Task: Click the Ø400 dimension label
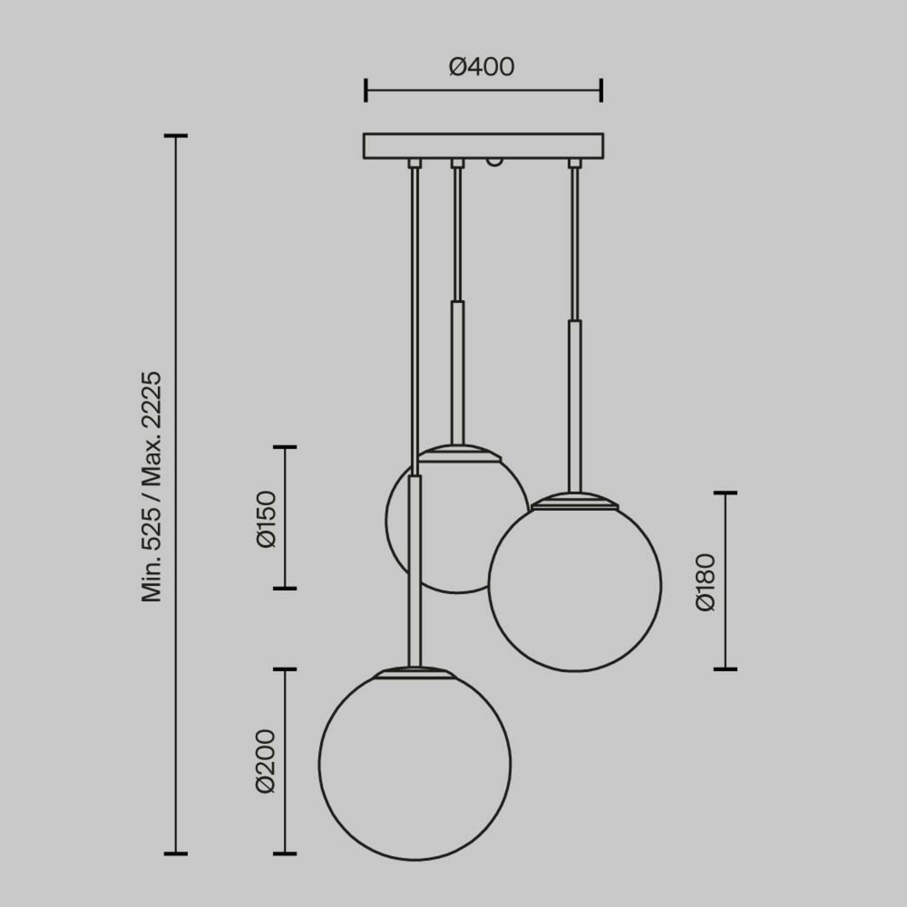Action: tap(481, 67)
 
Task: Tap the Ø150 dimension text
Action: tap(266, 519)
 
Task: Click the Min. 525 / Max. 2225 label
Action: tap(152, 487)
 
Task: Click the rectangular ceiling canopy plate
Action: tap(483, 145)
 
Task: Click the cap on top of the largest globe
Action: tap(414, 673)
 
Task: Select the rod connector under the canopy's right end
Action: tap(574, 163)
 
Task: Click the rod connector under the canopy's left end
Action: tap(414, 163)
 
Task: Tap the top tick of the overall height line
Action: tap(176, 136)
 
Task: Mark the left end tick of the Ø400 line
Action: tap(366, 90)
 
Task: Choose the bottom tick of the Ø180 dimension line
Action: tap(725, 669)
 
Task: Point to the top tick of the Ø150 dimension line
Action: tap(285, 446)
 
